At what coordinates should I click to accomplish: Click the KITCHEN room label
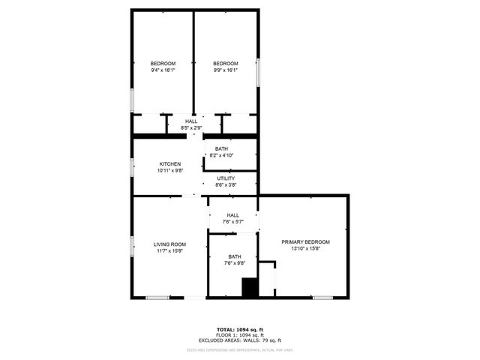coord(169,164)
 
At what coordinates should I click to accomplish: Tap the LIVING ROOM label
coord(169,244)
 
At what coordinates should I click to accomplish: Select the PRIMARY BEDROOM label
coord(305,242)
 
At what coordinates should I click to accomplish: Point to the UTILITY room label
coord(226,178)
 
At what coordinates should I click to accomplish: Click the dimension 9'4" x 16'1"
coord(163,70)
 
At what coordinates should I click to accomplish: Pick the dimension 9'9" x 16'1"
coord(226,70)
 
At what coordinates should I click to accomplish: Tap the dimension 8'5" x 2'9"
coord(191,128)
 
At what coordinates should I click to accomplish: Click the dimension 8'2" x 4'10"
coord(221,155)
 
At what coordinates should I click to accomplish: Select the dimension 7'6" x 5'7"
coord(233,222)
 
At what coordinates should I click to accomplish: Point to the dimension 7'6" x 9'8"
coord(235,263)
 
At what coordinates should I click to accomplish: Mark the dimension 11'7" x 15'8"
coord(169,251)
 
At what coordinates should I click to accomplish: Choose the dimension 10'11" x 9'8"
coord(169,171)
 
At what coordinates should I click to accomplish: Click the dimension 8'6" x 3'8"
coord(226,184)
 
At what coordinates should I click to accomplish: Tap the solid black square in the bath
coord(249,287)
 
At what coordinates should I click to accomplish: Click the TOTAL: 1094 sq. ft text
coord(240,329)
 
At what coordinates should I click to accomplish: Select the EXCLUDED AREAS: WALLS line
coord(240,341)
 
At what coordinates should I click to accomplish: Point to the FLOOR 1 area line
coord(240,335)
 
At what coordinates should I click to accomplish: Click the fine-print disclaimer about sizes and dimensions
coord(240,349)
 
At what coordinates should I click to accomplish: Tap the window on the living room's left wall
coord(133,247)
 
